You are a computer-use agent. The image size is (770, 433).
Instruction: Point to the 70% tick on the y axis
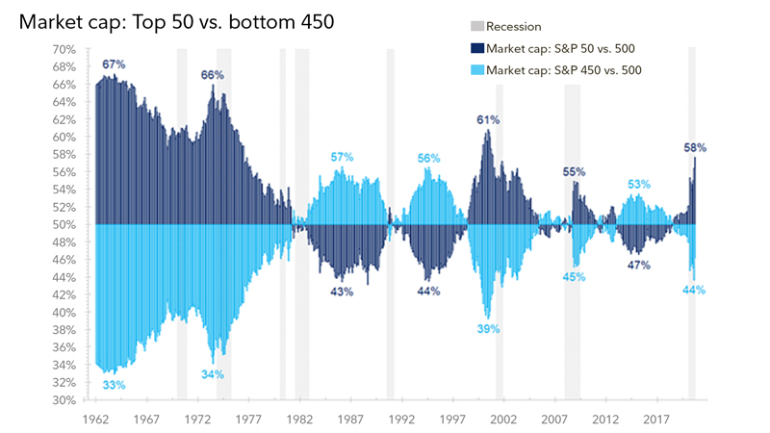coord(64,49)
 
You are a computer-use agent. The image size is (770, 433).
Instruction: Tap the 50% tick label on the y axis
coord(64,225)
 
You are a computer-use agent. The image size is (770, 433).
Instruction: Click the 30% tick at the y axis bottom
coord(64,400)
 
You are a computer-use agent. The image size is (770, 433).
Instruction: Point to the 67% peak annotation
coord(115,64)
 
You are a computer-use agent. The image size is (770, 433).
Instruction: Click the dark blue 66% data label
coord(213,75)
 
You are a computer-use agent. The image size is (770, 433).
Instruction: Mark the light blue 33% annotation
coord(115,385)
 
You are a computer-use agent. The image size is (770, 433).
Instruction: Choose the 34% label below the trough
coord(213,374)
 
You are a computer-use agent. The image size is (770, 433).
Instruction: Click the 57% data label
coord(342,157)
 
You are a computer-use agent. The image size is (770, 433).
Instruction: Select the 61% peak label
coord(488,120)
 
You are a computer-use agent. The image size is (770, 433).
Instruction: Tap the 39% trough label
coord(488,329)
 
